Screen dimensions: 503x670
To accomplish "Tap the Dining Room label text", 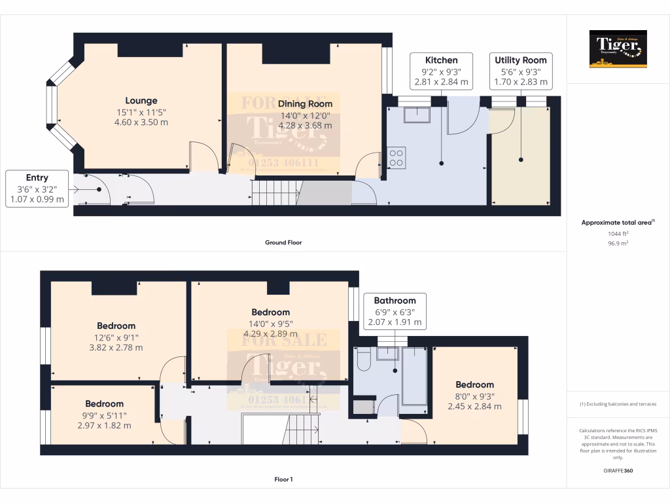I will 305,103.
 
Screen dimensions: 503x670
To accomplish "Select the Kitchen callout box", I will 441,71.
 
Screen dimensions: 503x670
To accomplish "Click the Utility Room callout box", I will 520,71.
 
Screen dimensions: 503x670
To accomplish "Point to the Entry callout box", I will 37,189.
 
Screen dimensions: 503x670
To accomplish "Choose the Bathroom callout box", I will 395,311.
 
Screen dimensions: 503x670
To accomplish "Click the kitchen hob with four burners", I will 397,157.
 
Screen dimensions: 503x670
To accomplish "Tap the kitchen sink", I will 417,115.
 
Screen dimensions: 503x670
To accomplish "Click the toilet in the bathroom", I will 364,359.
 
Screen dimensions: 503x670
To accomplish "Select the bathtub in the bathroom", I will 416,376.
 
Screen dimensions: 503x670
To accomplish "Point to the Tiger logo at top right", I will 618,48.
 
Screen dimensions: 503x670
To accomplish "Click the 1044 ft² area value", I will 618,233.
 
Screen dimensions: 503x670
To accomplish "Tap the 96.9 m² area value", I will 618,243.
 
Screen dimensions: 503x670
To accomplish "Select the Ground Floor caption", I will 283,242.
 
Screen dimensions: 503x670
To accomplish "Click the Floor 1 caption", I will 283,479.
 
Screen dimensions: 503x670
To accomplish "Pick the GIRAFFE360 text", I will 618,470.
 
